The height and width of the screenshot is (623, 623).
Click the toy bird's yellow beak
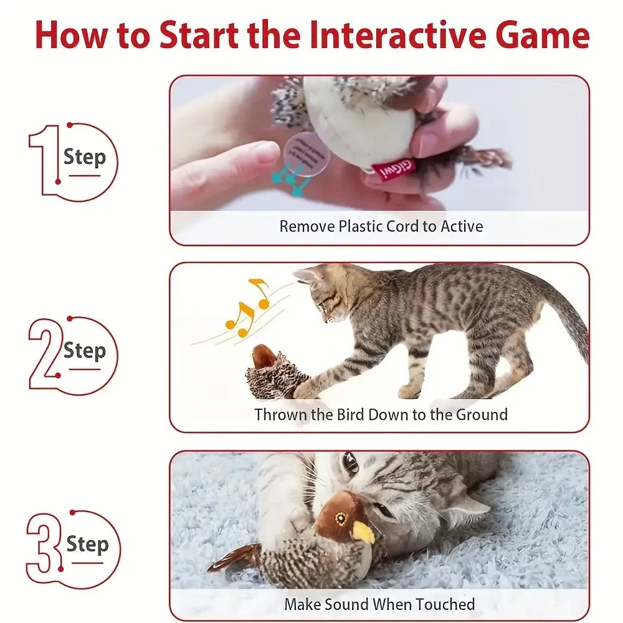coord(363,532)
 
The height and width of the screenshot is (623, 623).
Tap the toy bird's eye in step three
coord(341,518)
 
